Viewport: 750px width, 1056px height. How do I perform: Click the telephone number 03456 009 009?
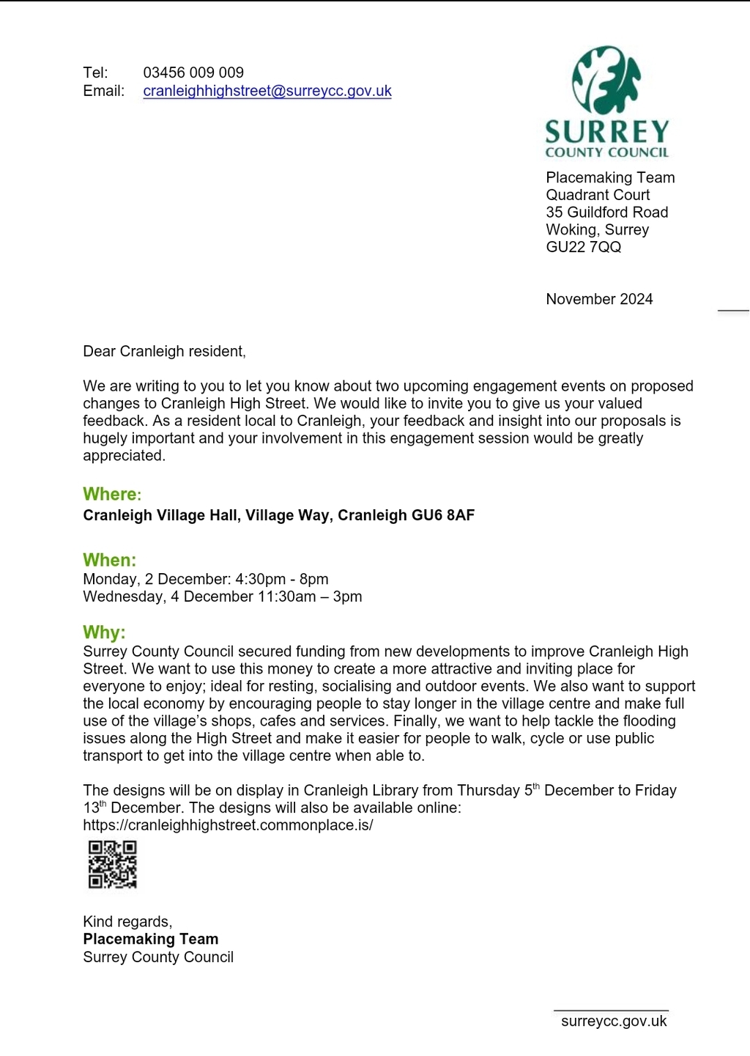[x=193, y=73]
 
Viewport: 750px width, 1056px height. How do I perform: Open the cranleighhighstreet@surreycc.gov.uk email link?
[x=267, y=91]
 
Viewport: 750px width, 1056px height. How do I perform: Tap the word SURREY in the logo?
[x=607, y=132]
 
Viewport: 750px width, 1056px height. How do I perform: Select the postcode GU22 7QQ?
[x=584, y=247]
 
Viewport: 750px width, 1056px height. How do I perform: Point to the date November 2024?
[x=599, y=299]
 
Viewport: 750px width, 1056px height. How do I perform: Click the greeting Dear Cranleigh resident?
[x=164, y=352]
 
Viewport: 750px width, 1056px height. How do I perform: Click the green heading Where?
[x=111, y=494]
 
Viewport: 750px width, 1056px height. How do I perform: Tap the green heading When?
[x=109, y=560]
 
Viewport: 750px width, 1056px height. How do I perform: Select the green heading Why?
[x=104, y=632]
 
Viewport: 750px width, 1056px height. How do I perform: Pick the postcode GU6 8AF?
[x=443, y=515]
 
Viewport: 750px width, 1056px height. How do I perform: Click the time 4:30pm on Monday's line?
[x=260, y=579]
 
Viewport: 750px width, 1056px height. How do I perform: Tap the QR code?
[x=113, y=864]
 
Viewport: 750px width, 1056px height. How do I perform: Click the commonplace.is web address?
[x=228, y=825]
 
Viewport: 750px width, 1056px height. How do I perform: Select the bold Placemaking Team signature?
[x=150, y=939]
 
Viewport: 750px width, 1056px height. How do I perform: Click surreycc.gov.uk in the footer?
[x=614, y=1022]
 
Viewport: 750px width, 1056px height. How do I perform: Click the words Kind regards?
[x=127, y=922]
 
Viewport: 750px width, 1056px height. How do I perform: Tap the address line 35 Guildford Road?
[x=607, y=213]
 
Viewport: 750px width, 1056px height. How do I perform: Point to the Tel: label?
[x=95, y=73]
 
